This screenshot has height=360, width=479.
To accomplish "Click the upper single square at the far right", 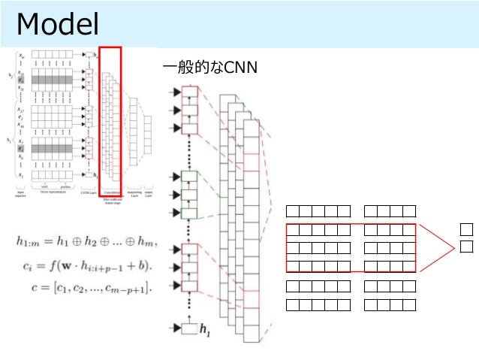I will pyautogui.click(x=466, y=228).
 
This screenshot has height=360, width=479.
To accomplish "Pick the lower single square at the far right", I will pyautogui.click(x=466, y=247).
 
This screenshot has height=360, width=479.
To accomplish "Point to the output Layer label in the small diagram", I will pyautogui.click(x=151, y=195).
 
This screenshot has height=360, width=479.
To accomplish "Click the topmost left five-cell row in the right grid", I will pyautogui.click(x=319, y=210).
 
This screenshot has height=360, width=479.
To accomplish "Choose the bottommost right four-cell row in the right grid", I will pyautogui.click(x=389, y=304).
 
